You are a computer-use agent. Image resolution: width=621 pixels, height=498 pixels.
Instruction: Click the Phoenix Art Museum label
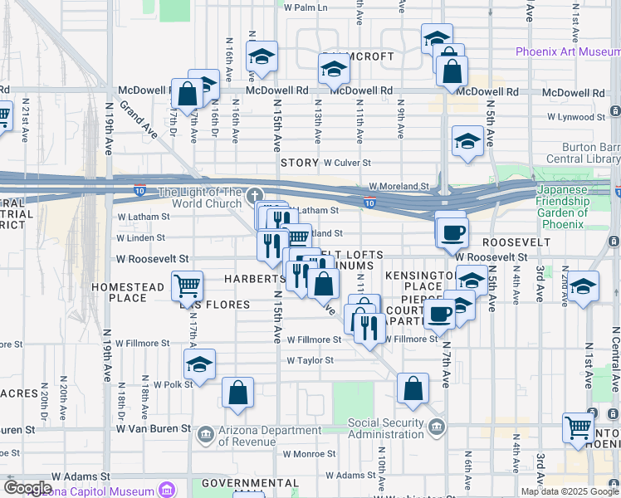567,51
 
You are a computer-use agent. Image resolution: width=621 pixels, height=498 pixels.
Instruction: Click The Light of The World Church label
200,198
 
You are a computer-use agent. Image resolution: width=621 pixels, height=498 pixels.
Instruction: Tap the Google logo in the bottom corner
27,488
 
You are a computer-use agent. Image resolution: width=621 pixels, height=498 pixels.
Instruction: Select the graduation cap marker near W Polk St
199,363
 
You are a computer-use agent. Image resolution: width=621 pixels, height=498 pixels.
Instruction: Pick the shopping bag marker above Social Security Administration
413,388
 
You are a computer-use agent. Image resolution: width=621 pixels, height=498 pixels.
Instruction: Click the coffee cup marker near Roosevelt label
453,232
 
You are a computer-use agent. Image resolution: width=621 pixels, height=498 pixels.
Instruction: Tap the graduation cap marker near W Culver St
467,140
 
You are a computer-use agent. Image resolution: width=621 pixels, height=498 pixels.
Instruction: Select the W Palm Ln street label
306,7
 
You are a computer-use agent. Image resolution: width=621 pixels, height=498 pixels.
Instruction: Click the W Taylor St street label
310,360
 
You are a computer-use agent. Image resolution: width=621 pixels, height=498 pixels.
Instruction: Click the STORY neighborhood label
299,163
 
